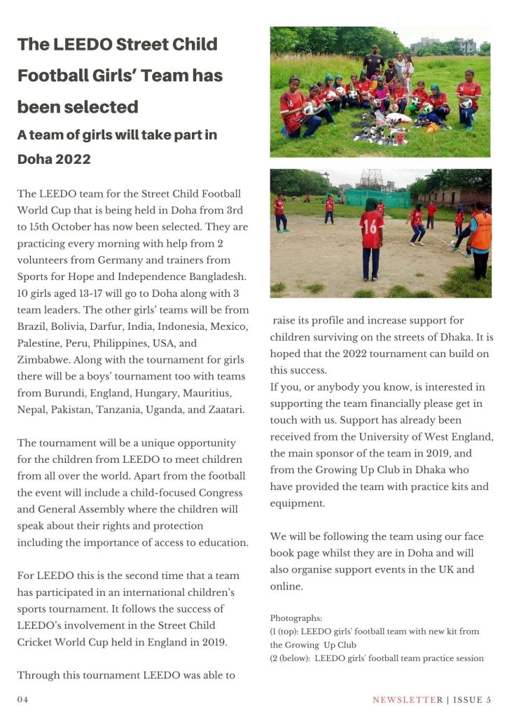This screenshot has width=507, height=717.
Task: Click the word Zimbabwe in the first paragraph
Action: pyautogui.click(x=42, y=360)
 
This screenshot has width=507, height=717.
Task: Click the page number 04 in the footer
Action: pyautogui.click(x=22, y=699)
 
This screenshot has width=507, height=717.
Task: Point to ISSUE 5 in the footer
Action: pyautogui.click(x=473, y=699)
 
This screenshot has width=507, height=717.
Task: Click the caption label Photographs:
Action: pyautogui.click(x=296, y=618)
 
